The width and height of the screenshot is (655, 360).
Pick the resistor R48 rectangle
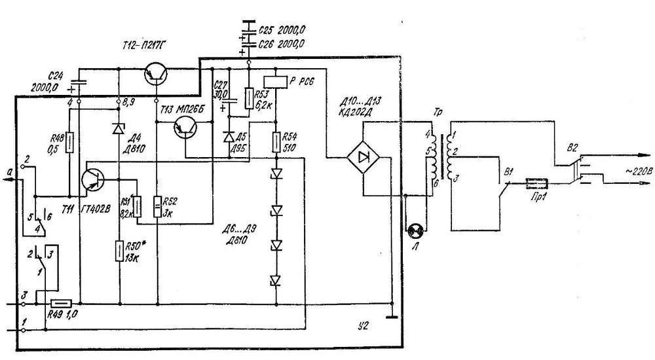coord(69,141)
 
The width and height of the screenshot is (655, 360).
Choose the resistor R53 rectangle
coord(249,99)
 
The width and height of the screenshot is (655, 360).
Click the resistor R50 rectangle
coord(121,250)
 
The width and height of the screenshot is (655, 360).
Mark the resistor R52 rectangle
coord(157,207)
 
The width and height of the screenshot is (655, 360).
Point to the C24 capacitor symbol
coord(79,84)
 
